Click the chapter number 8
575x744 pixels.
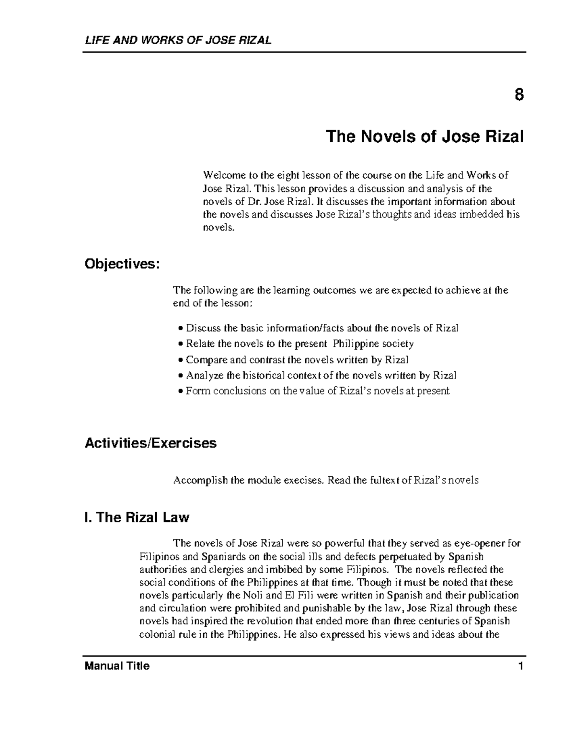click(x=519, y=95)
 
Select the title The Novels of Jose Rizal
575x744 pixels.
click(x=425, y=137)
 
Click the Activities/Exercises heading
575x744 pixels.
click(x=150, y=443)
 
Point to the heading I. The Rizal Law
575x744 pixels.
click(x=137, y=517)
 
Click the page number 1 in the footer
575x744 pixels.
click(x=520, y=666)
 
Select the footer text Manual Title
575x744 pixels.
click(x=117, y=666)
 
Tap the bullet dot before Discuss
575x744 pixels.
click(x=180, y=329)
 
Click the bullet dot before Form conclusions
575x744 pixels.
click(x=180, y=391)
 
